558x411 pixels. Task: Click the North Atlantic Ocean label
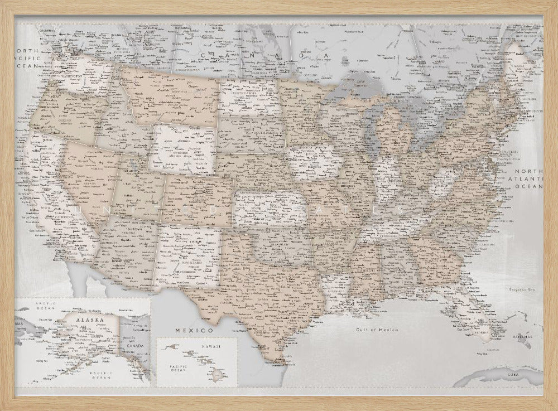pyautogui.click(x=528, y=180)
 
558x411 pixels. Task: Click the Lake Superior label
pyautogui.click(x=364, y=84)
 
